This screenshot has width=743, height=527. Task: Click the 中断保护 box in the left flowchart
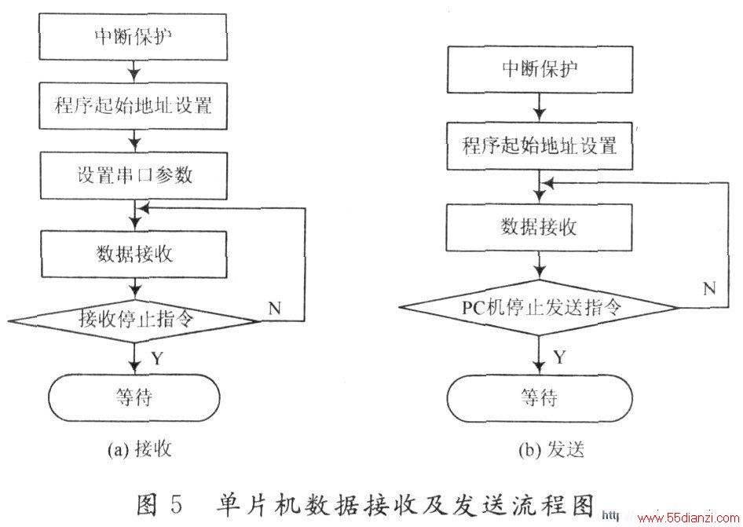tap(133, 36)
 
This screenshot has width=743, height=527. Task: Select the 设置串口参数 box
tap(134, 175)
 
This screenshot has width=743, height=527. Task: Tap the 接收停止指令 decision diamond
tap(134, 321)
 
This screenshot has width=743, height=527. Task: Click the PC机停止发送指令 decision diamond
tap(540, 308)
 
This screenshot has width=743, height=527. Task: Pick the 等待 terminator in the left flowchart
tap(134, 397)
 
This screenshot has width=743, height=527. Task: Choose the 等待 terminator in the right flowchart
tap(540, 398)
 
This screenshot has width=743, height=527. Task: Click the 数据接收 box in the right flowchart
tap(540, 228)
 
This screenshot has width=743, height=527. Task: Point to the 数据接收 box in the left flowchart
tap(134, 254)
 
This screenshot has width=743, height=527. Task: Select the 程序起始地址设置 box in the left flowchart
tap(134, 106)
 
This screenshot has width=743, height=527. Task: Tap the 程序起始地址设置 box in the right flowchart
tap(540, 146)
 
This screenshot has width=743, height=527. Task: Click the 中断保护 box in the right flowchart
tap(540, 69)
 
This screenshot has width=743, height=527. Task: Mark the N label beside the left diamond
tap(275, 309)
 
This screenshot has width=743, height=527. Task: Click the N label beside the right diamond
tap(709, 288)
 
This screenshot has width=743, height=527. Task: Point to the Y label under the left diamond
tap(157, 358)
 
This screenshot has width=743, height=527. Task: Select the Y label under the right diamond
tap(560, 357)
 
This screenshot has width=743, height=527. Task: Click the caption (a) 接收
tap(139, 448)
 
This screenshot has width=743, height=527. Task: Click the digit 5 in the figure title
tap(176, 504)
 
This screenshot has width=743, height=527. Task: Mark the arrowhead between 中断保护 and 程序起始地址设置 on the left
tap(134, 75)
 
